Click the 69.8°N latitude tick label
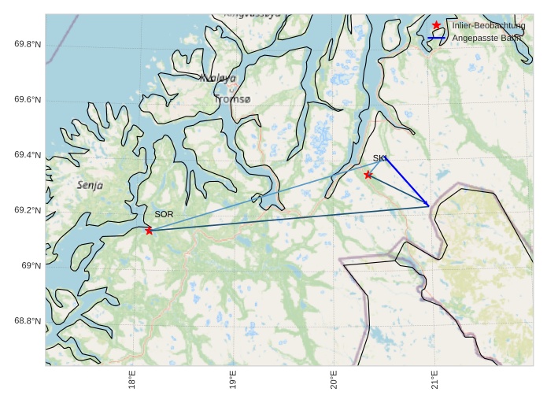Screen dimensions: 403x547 (x=27, y=44)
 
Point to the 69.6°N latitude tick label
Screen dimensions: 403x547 (x=27, y=100)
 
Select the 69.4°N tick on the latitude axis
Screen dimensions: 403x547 (x=27, y=155)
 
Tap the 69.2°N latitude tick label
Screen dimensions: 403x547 (x=27, y=210)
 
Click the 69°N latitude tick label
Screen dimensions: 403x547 (x=30, y=266)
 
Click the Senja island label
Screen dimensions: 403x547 (x=90, y=185)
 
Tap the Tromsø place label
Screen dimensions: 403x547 (x=232, y=100)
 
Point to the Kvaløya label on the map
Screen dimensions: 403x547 (x=217, y=78)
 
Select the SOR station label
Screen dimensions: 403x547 (x=164, y=214)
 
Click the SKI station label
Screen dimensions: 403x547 (x=379, y=158)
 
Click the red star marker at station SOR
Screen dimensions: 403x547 (x=149, y=231)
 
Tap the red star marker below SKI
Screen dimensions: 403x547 (x=368, y=175)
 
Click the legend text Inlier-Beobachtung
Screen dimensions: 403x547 (x=488, y=26)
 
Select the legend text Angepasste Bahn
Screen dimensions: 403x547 (x=487, y=38)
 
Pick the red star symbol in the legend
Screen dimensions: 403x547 (x=437, y=26)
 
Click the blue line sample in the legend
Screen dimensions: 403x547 (x=437, y=38)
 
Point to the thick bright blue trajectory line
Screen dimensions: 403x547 (x=406, y=181)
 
